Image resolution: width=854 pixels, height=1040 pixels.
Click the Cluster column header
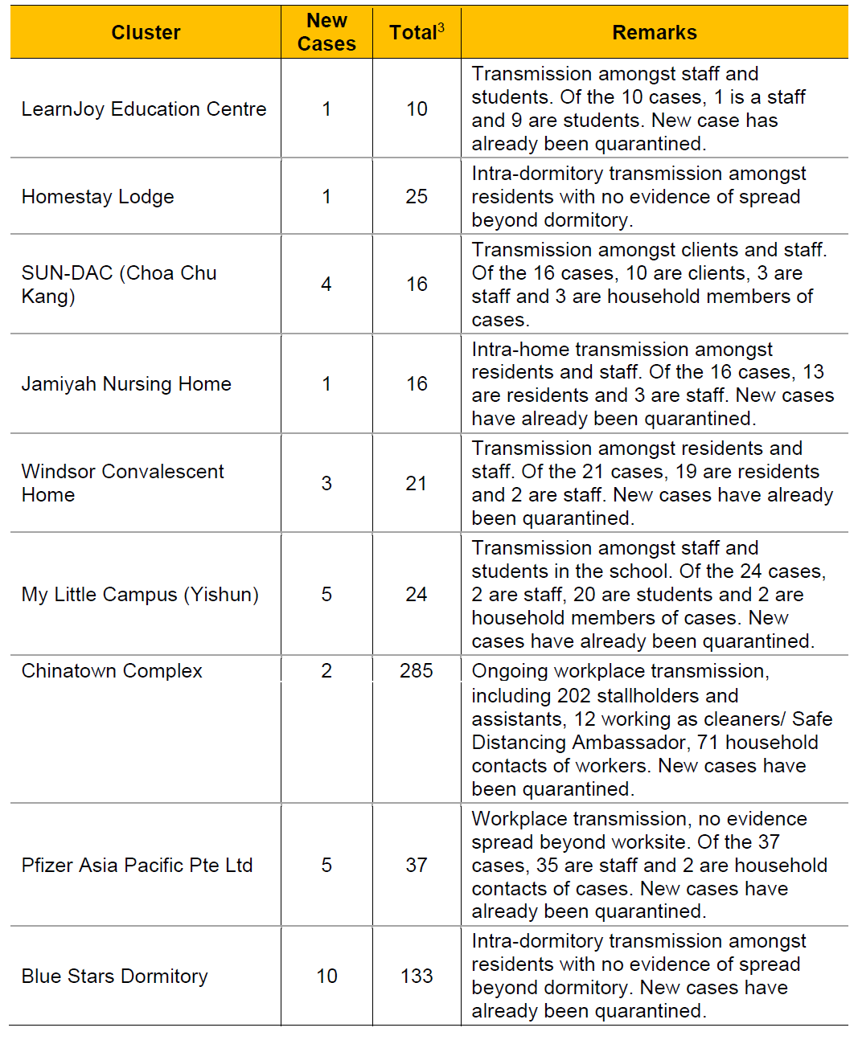pos(146,32)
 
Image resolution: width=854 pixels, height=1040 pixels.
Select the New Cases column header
pos(326,32)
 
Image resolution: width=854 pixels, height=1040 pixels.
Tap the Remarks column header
pos(654,32)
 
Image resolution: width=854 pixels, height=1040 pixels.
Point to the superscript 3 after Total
pos(441,27)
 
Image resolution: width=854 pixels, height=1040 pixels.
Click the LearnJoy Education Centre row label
pos(144,109)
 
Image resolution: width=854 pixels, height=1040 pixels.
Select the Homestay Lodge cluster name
pos(98,197)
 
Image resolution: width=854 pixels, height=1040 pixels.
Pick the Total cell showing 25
pos(417,197)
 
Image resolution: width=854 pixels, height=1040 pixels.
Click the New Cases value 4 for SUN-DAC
pos(326,285)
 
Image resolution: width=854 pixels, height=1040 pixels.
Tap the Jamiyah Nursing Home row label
pos(126,384)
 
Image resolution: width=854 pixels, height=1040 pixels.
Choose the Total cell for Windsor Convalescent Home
pos(417,484)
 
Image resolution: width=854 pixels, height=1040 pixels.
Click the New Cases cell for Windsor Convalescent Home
pos(326,484)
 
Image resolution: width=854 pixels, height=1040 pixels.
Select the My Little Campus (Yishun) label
pos(140,595)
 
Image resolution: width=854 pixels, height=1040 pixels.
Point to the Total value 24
pos(417,595)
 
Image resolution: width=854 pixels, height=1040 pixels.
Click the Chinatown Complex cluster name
pos(112,671)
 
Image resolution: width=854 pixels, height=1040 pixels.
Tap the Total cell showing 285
pos(417,671)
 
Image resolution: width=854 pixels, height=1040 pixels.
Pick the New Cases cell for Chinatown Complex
pos(326,671)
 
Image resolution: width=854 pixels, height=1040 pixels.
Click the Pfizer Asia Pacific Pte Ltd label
pos(138,866)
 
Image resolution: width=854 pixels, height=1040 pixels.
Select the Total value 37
pos(417,866)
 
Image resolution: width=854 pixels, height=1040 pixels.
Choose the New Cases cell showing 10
pos(326,977)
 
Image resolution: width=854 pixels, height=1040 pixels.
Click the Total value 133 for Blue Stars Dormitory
pos(417,977)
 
